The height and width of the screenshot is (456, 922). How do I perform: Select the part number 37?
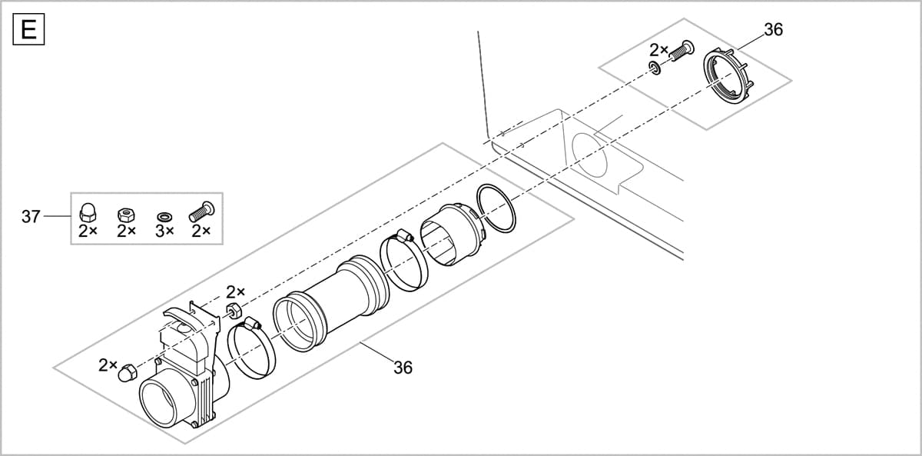coord(31,217)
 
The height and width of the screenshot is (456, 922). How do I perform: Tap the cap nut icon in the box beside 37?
coord(87,211)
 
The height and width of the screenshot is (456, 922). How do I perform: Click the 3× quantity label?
coord(164,231)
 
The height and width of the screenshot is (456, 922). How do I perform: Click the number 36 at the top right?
coord(773,30)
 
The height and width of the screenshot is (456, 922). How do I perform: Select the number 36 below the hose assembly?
coord(403,368)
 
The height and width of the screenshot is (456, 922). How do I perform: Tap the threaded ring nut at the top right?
coord(728,76)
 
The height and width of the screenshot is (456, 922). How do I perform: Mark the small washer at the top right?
coord(655,70)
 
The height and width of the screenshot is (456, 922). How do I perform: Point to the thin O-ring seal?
coord(496,207)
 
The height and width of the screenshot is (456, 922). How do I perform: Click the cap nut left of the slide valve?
coord(127,373)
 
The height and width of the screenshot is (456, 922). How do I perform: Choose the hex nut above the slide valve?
coord(234,311)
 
